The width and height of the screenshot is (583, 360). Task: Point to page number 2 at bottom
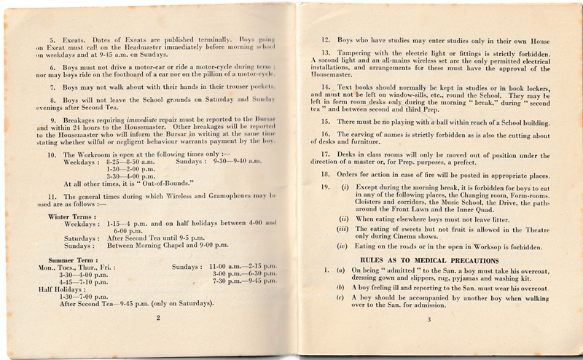[157, 318]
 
